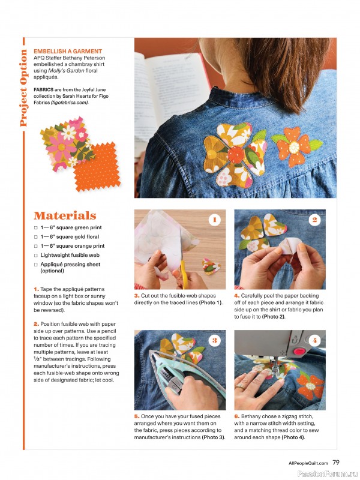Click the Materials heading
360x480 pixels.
[65, 215]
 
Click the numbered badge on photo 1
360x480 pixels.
[214, 220]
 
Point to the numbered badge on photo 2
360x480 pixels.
[314, 220]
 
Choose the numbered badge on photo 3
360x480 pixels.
[214, 340]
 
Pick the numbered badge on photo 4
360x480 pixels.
[314, 340]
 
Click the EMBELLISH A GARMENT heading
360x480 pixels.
[68, 52]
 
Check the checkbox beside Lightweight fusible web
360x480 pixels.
[36, 255]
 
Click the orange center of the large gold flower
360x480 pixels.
[236, 152]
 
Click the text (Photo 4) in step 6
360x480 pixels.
[293, 437]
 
